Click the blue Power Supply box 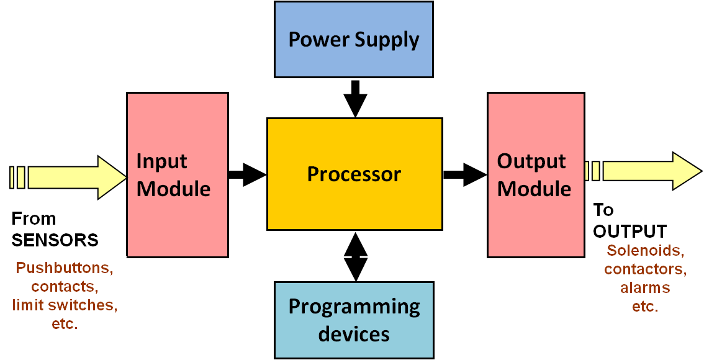tap(353, 40)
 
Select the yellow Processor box tap(354, 174)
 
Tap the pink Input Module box tap(177, 174)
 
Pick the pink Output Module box tap(535, 174)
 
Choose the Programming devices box tap(353, 320)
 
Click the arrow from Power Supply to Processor tap(355, 97)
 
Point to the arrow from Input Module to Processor tap(247, 174)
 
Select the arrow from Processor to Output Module tap(464, 174)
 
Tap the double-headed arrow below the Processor tap(356, 256)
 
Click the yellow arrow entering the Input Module tap(68, 178)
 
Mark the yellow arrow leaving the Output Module tap(646, 171)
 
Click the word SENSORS tap(55, 240)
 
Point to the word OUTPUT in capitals tap(630, 231)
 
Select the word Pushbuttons tap(65, 269)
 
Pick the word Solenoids tap(646, 251)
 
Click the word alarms tap(645, 288)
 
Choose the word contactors tap(645, 269)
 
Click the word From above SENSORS tap(34, 218)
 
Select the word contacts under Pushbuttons tap(65, 287)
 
